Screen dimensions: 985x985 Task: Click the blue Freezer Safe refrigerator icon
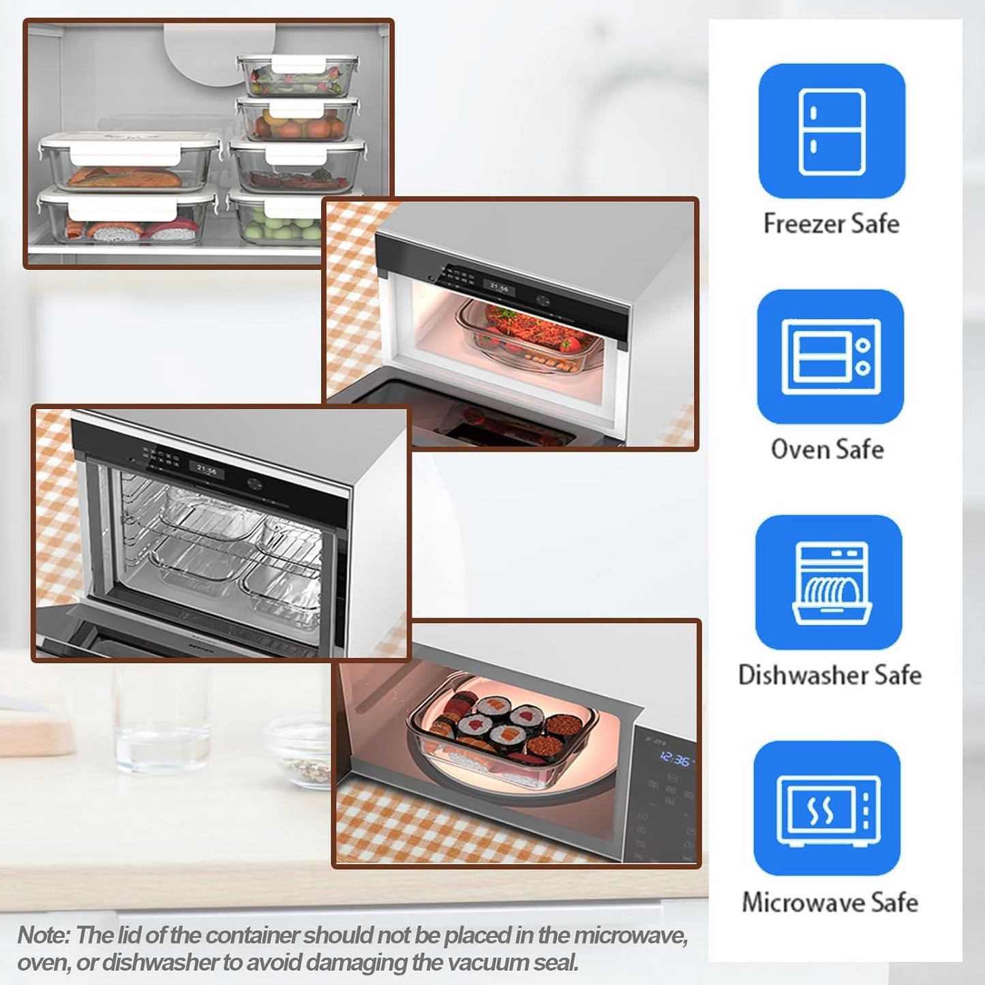832,131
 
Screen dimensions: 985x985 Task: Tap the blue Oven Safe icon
830,357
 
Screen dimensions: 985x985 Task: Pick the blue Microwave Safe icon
828,808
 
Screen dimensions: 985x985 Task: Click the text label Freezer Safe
831,224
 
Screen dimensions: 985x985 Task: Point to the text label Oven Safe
827,449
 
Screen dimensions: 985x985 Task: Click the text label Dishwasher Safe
830,675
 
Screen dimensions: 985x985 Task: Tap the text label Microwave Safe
830,902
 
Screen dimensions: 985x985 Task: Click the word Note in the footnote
43,935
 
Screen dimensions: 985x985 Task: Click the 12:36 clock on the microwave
674,759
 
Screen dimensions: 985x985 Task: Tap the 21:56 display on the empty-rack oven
206,470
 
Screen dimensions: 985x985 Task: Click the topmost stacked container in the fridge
298,75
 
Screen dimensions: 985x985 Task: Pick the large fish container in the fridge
130,164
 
